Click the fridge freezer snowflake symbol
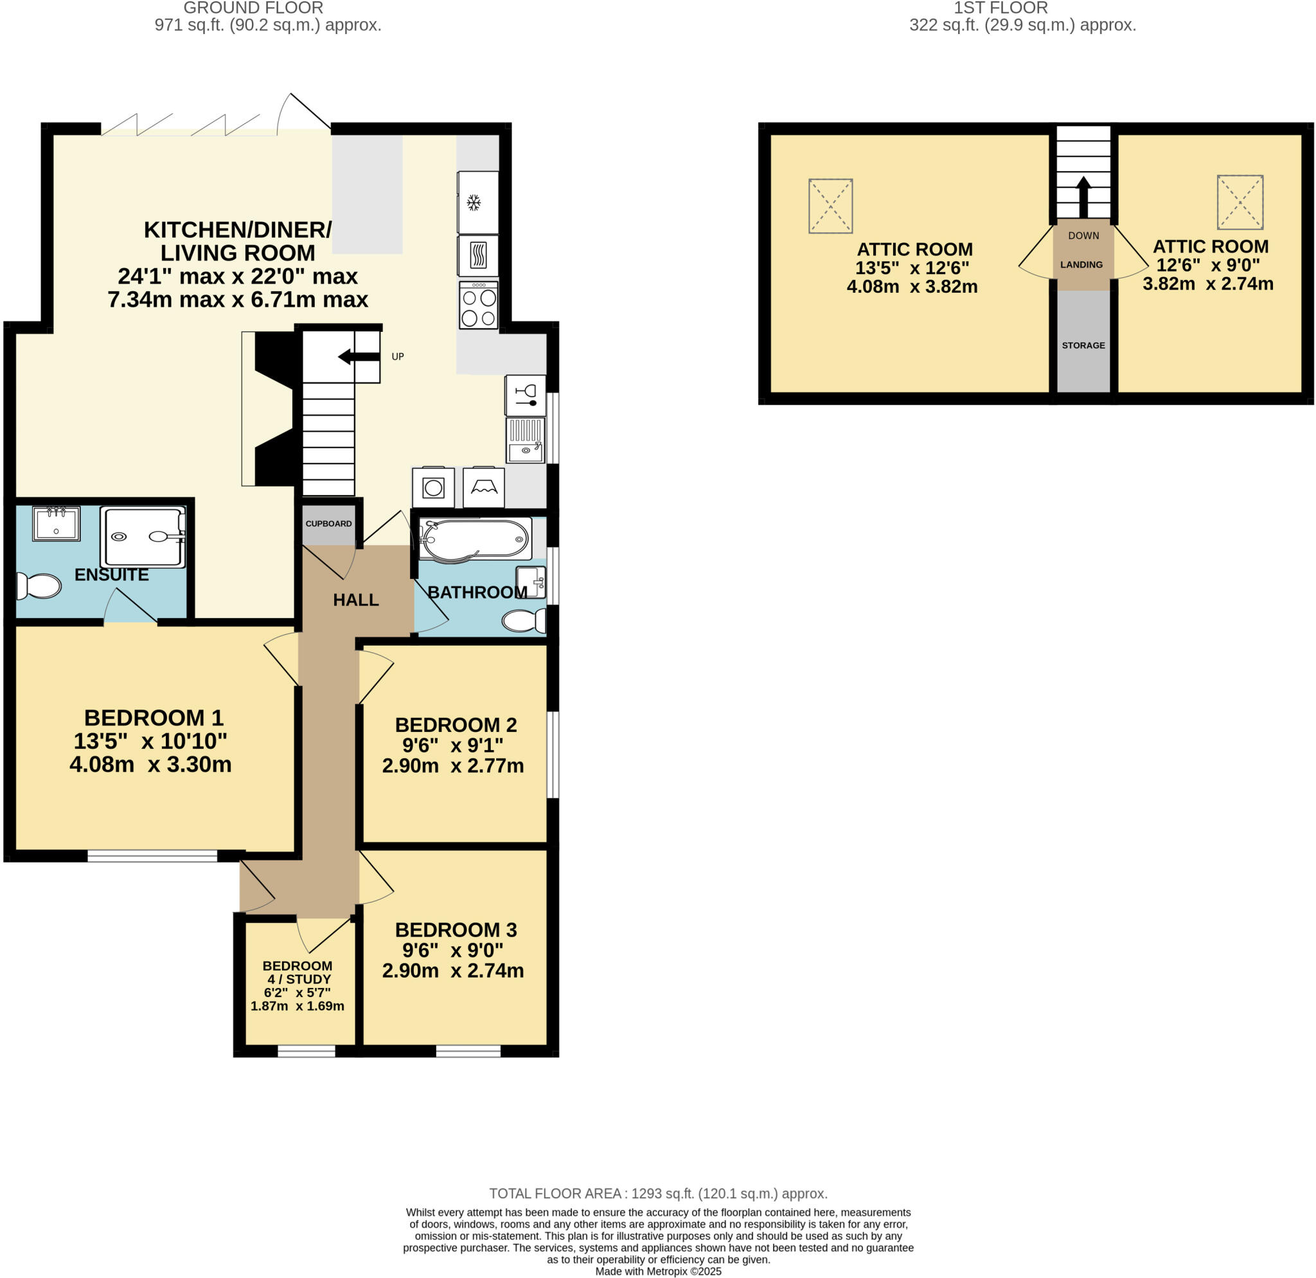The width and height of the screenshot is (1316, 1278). coord(474,202)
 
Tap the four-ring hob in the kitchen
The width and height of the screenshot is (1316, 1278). coord(479,306)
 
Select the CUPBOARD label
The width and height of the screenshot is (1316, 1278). coord(328,524)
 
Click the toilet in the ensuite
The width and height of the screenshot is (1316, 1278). coord(39,586)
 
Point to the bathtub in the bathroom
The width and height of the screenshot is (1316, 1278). coord(475,538)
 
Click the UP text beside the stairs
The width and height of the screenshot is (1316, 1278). coord(398,357)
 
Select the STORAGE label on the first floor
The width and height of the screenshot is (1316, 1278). coord(1083,345)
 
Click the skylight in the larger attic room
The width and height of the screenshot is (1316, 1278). coord(831,206)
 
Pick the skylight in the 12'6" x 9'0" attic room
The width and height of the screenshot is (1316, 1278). coord(1240,201)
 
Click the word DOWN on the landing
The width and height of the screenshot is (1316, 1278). coord(1083,236)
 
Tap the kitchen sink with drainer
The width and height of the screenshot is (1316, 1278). coord(525,440)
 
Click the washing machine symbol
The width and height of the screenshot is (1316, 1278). coord(433,487)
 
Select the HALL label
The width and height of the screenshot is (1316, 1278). coord(356,600)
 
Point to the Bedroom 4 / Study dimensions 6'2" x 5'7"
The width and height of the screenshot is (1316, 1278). coord(297,992)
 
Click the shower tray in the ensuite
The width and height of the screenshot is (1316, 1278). coord(143,537)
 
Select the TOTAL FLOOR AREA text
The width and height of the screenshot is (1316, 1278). coord(657,1193)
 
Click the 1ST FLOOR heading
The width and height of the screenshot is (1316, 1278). coord(1000,8)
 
